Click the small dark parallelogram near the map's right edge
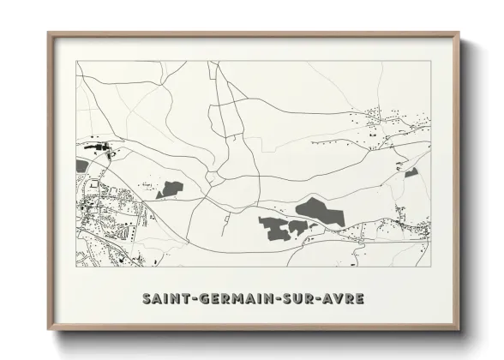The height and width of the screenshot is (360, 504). [x=411, y=172]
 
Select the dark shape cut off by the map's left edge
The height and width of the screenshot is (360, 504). [x=81, y=165]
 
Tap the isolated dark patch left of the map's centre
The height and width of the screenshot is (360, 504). [x=171, y=189]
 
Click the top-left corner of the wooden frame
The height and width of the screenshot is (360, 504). [x=49, y=33]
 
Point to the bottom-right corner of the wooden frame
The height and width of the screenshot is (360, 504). [x=459, y=329]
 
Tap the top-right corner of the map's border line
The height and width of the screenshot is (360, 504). [x=430, y=62]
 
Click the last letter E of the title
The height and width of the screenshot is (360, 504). [x=359, y=298]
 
